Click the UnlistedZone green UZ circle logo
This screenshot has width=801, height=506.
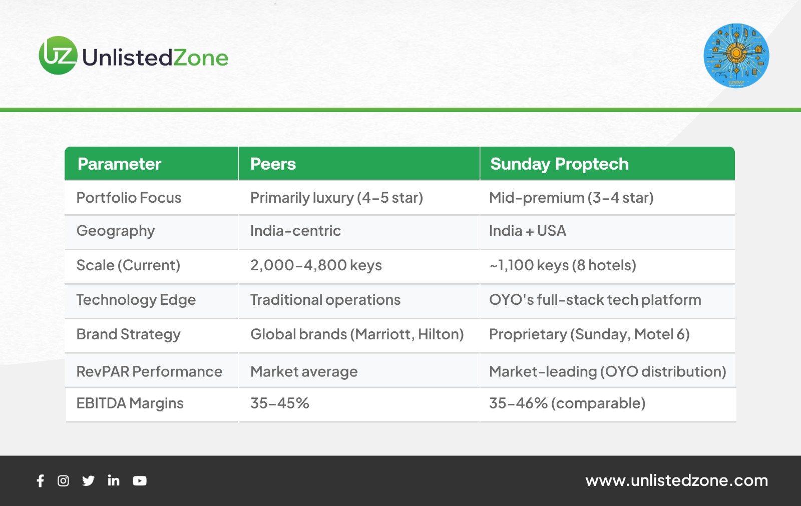point(58,56)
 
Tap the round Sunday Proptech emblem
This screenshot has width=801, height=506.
point(736,56)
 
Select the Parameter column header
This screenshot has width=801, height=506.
point(119,164)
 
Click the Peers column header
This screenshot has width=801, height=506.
point(273,164)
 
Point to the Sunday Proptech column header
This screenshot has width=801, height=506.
point(559,164)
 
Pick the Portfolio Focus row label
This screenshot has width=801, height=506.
point(129,198)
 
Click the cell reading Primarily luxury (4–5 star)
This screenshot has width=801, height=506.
point(336,198)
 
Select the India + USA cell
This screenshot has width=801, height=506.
point(528,231)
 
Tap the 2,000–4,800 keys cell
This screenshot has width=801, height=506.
point(316,265)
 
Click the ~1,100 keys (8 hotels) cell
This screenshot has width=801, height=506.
point(563,265)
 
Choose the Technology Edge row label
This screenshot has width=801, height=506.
point(136,300)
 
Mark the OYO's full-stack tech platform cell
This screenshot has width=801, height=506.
point(595,300)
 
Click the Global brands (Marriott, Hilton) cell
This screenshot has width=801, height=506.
point(357,334)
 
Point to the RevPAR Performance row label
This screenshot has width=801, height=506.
point(149,371)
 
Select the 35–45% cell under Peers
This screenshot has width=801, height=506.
point(280,403)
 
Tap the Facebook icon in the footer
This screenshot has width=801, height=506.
point(41,480)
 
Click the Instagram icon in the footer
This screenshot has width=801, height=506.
point(63,480)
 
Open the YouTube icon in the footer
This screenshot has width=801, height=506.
point(140,480)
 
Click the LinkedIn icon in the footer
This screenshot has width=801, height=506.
point(113,480)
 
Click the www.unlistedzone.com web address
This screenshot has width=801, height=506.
point(676,480)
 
